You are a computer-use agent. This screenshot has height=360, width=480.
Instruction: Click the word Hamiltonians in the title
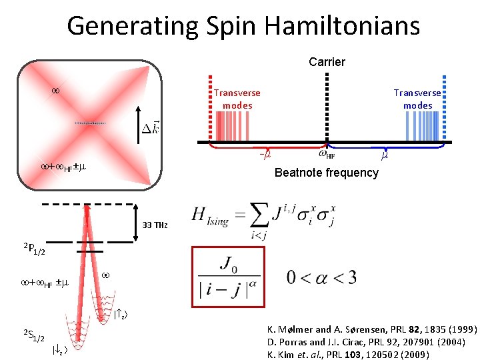click(x=343, y=26)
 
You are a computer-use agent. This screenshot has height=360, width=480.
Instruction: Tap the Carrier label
click(x=327, y=62)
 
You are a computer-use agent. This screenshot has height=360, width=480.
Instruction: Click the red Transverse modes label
click(x=237, y=99)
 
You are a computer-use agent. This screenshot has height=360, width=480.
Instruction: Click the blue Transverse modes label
click(x=417, y=99)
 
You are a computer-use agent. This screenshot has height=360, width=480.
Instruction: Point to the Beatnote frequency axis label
click(x=327, y=173)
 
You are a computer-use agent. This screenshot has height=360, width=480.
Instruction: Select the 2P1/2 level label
click(x=34, y=250)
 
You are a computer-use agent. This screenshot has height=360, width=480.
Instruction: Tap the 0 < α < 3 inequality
click(x=322, y=277)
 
